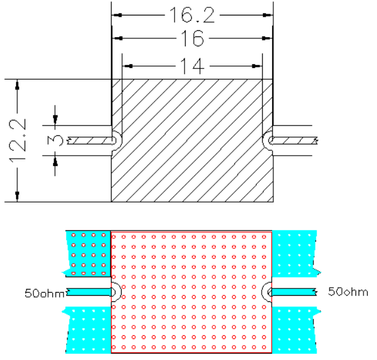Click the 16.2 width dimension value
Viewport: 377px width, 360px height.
(x=192, y=15)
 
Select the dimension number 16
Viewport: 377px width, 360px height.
(x=193, y=38)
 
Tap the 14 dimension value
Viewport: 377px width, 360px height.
(x=193, y=66)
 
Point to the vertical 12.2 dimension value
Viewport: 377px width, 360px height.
(x=17, y=140)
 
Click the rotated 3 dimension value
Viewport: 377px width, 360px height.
(x=55, y=141)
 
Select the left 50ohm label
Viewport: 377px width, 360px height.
(x=44, y=293)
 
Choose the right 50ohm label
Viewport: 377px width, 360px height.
(x=348, y=291)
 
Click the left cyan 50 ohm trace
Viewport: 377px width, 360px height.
(x=89, y=292)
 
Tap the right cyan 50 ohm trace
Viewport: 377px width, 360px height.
(x=293, y=292)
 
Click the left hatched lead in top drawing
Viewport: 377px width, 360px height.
(x=91, y=141)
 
